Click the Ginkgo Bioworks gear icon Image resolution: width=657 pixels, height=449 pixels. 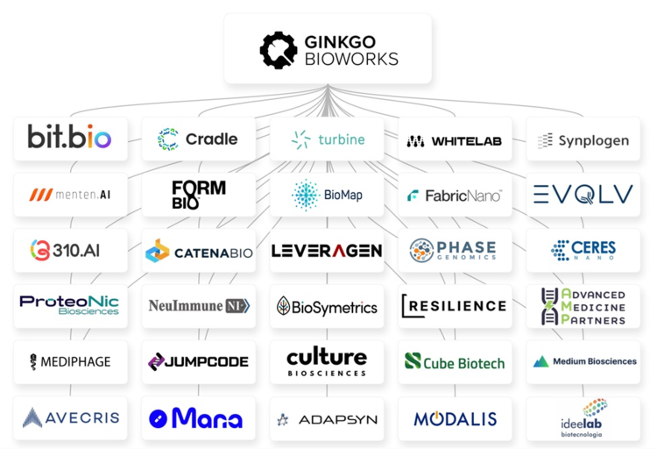[279, 50]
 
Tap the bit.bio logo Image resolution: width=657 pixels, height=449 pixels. [70, 139]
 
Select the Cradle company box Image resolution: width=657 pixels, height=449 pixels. [198, 139]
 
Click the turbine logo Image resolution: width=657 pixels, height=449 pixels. [328, 139]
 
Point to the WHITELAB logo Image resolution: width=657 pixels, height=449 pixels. [455, 140]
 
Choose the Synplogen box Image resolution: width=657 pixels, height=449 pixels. [583, 140]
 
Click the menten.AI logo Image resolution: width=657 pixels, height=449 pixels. [70, 195]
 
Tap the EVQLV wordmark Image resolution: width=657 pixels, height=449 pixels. [583, 195]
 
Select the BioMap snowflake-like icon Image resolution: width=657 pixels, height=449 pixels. [305, 195]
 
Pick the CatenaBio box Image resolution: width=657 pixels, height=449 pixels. [198, 252]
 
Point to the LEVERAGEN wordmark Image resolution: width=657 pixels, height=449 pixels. [327, 251]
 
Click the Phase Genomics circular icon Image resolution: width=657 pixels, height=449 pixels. [422, 251]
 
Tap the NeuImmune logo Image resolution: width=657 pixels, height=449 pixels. [198, 306]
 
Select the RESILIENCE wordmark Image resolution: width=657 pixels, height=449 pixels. [455, 306]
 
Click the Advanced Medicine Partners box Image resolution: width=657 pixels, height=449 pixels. [583, 307]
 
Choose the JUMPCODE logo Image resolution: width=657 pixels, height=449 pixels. [198, 361]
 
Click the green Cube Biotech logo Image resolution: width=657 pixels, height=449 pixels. [455, 361]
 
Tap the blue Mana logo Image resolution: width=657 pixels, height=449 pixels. [196, 418]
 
